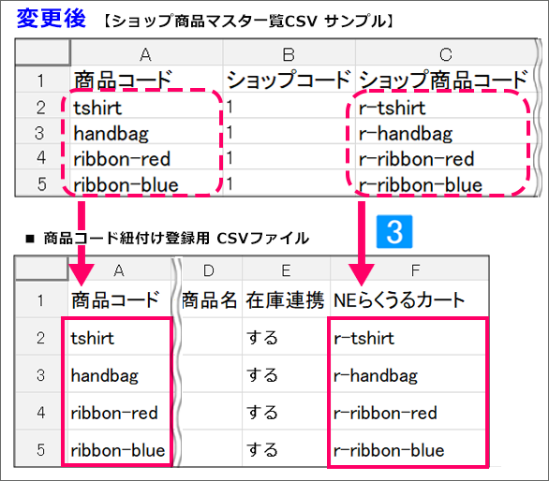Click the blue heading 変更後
pyautogui.click(x=52, y=18)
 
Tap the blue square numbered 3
pyautogui.click(x=394, y=231)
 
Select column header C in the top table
pyautogui.click(x=446, y=54)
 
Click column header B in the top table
pyautogui.click(x=289, y=54)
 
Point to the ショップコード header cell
pyautogui.click(x=289, y=80)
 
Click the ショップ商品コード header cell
pyautogui.click(x=444, y=80)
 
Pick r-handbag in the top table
pyautogui.click(x=406, y=134)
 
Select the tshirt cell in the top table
pyautogui.click(x=97, y=108)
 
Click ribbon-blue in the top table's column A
pyautogui.click(x=126, y=184)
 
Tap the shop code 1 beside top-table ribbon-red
pyautogui.click(x=230, y=158)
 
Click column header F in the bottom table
pyautogui.click(x=415, y=270)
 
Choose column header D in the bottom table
pyautogui.click(x=209, y=270)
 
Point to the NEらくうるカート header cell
pyautogui.click(x=399, y=300)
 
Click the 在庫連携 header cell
pyautogui.click(x=286, y=300)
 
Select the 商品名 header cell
pyautogui.click(x=209, y=300)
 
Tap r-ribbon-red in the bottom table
pyautogui.click(x=385, y=413)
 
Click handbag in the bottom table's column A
pyautogui.click(x=105, y=375)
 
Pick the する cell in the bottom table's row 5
pyautogui.click(x=262, y=450)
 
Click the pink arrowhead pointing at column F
pyautogui.click(x=362, y=274)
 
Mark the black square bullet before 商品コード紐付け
pyautogui.click(x=30, y=239)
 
